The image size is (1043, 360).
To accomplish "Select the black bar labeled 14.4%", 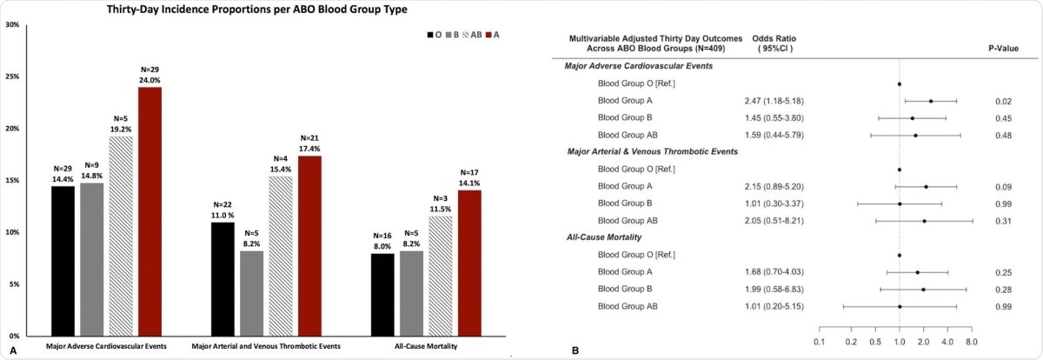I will [x=63, y=261].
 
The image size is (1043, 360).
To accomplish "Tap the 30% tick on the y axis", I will [x=13, y=24].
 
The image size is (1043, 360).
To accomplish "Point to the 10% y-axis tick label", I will [x=13, y=232].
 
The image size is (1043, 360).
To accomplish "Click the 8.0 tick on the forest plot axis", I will [x=972, y=341].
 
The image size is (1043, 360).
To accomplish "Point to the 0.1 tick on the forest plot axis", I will [x=819, y=341].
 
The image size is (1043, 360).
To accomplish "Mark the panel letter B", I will [x=575, y=350].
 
